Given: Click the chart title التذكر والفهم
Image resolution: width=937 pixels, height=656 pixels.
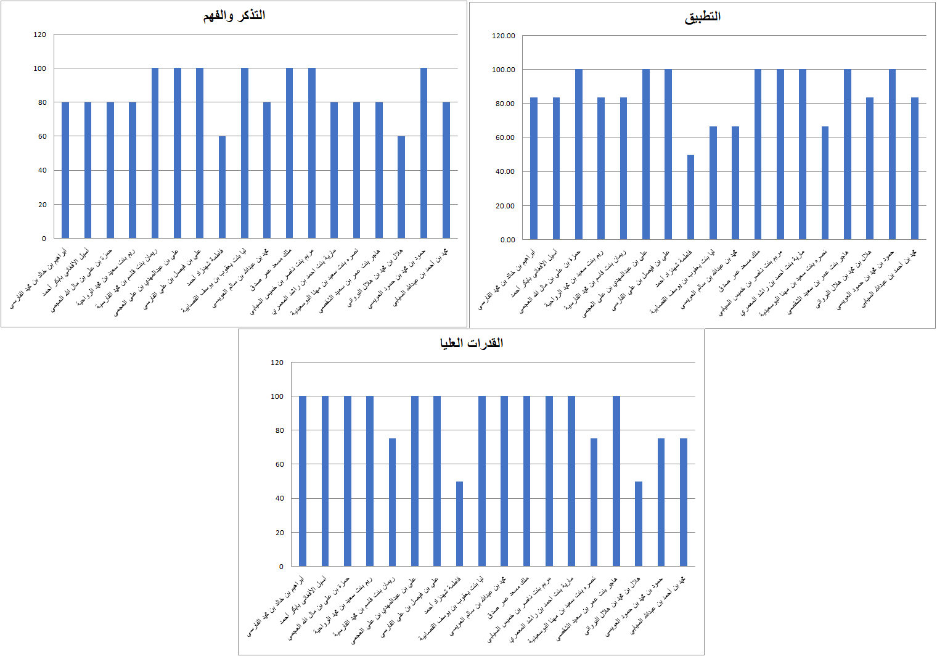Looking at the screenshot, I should point(234,15).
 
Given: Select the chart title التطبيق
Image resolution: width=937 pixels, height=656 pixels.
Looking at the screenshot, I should point(702,17).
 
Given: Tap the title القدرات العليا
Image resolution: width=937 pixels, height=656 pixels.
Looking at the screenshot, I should point(471,343).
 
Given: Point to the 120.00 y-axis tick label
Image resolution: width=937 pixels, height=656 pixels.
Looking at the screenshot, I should point(503,36).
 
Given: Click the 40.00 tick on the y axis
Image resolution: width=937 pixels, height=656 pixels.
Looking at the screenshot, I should point(504,171).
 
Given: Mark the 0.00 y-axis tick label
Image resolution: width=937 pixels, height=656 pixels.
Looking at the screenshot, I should point(507,240).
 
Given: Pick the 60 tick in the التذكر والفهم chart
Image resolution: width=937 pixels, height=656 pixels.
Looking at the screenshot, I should point(42,136).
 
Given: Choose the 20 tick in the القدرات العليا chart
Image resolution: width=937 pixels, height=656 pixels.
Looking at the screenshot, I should point(280,533).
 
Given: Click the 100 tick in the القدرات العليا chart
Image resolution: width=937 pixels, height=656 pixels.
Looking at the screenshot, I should point(277,396).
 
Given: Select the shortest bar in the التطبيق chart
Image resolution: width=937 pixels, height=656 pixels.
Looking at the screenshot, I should point(690,197).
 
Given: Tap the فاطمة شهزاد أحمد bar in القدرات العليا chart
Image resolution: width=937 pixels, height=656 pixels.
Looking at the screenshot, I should point(459,524).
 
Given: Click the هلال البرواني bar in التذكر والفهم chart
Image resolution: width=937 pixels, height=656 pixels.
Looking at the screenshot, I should point(401,187).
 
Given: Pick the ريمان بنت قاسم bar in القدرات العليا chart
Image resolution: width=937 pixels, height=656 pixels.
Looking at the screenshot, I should point(392,502).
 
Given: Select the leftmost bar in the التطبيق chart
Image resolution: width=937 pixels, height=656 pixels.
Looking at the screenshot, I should point(534,168).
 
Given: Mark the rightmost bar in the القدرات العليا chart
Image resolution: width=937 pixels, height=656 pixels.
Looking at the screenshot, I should point(683,502).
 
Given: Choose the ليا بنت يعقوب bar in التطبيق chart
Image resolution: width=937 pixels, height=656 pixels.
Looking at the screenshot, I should point(713,183).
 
